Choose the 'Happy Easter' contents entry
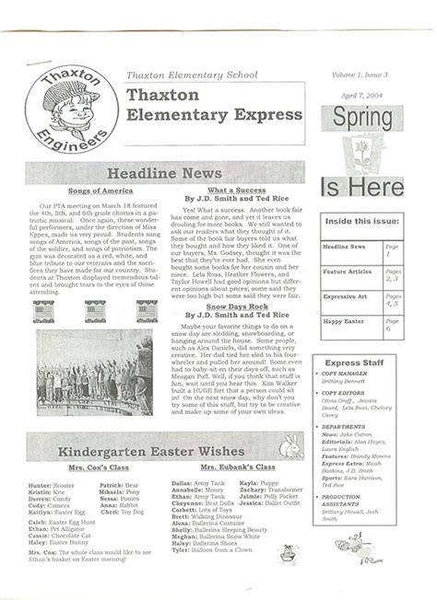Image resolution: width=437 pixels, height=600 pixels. (x=347, y=322)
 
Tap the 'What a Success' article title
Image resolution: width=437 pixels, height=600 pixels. (x=237, y=190)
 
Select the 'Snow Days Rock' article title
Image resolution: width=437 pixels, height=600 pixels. (x=237, y=305)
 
